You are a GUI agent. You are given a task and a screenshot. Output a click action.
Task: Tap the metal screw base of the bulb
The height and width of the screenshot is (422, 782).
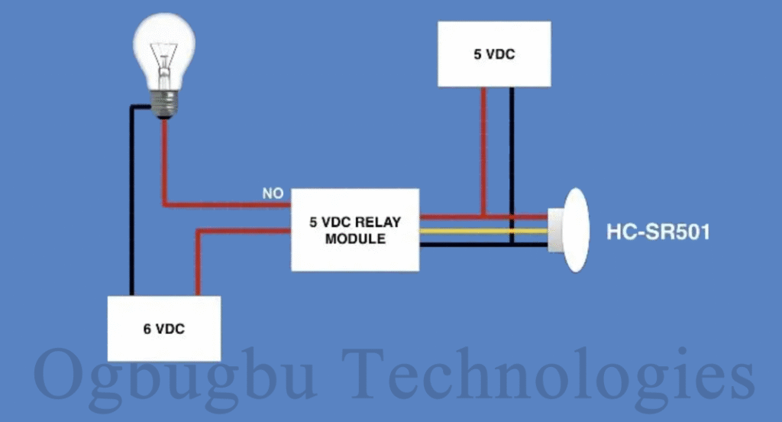tap(163, 102)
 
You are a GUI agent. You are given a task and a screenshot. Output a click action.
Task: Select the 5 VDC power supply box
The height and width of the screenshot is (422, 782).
tap(494, 54)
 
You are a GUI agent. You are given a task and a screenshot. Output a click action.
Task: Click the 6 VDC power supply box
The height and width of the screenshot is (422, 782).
tap(163, 329)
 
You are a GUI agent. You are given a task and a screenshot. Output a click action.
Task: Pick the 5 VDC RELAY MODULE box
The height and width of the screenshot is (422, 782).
tap(355, 229)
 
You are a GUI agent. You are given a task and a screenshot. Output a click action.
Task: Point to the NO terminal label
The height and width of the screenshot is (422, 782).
tap(273, 194)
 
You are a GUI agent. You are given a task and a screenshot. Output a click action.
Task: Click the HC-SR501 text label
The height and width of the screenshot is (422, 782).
tap(658, 231)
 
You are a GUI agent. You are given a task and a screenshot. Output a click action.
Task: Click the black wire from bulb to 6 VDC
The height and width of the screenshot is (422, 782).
tap(131, 206)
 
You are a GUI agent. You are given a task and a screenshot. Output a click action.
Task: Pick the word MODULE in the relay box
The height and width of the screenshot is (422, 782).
tap(355, 239)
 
